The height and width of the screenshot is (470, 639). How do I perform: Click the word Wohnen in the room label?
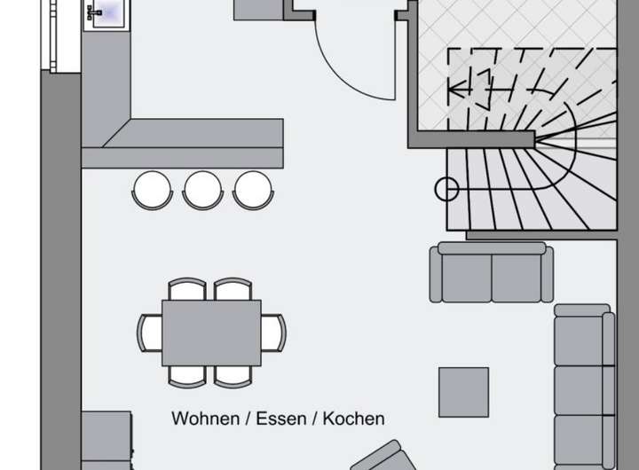[202, 418]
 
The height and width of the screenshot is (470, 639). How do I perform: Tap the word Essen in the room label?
[276, 418]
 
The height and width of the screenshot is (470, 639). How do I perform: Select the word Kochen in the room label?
[353, 418]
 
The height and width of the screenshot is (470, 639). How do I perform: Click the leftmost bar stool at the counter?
[152, 188]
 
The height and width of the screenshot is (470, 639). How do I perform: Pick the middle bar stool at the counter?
[202, 188]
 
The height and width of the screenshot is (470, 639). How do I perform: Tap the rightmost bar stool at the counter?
[253, 188]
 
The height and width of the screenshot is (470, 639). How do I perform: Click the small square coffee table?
[463, 392]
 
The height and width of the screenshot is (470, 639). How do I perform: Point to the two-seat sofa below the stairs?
[491, 273]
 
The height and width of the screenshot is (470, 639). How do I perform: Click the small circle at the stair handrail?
[447, 189]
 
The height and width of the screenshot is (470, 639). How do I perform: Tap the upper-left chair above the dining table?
[186, 289]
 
